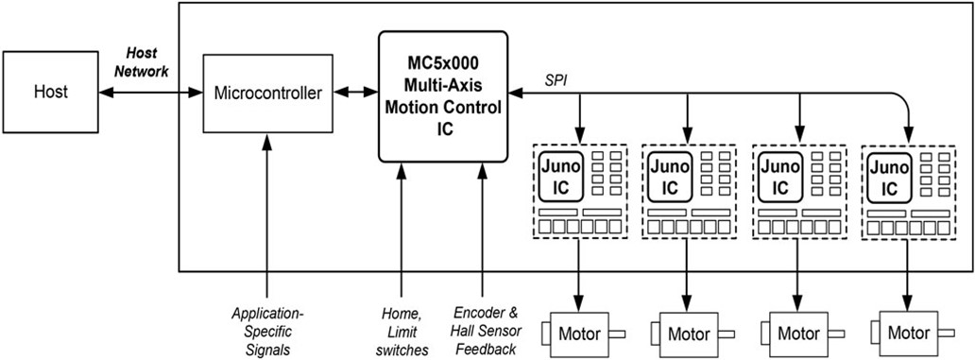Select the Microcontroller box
point(268,93)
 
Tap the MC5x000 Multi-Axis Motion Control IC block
point(443,95)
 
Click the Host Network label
point(143,62)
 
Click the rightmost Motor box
point(909,334)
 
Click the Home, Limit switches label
point(401,328)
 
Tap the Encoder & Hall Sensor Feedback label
point(484,328)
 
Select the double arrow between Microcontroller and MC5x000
point(356,93)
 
